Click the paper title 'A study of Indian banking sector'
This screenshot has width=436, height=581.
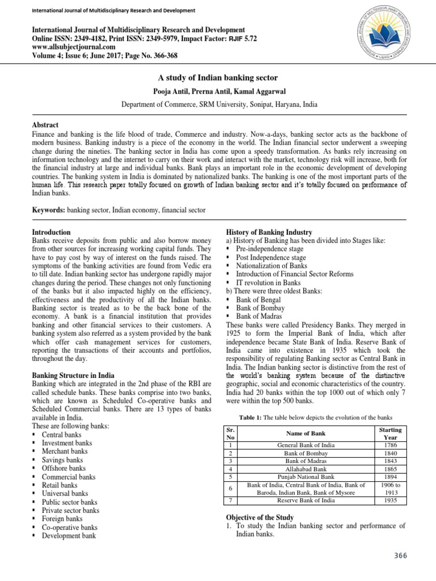(x=217, y=78)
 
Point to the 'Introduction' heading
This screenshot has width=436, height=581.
(x=51, y=233)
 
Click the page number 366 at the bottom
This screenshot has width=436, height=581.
(x=400, y=555)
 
